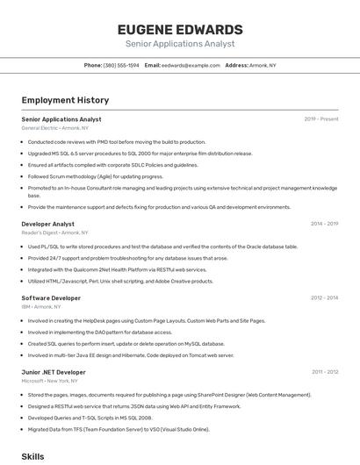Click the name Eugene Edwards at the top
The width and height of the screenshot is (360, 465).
pyautogui.click(x=180, y=29)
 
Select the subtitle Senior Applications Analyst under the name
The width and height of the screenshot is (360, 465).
pyautogui.click(x=180, y=43)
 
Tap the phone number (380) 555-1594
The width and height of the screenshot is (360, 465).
pyautogui.click(x=121, y=65)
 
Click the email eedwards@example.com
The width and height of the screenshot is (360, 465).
pyautogui.click(x=191, y=65)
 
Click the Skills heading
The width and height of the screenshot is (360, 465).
pyautogui.click(x=32, y=457)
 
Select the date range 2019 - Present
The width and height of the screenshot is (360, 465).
pyautogui.click(x=321, y=118)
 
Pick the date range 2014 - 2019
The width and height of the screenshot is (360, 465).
pyautogui.click(x=324, y=224)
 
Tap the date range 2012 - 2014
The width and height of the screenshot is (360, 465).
pyautogui.click(x=324, y=298)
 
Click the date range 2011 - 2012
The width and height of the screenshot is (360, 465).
pyautogui.click(x=324, y=372)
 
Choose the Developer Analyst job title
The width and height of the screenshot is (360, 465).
pyautogui.click(x=47, y=224)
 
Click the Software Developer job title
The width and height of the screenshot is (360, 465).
pyautogui.click(x=51, y=298)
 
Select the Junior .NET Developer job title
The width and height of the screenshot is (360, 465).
pyautogui.click(x=54, y=372)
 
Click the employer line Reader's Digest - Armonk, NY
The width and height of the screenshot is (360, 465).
pyautogui.click(x=54, y=232)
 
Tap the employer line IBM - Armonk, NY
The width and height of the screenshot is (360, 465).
pyautogui.click(x=41, y=307)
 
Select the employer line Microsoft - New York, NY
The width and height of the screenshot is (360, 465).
pyautogui.click(x=51, y=381)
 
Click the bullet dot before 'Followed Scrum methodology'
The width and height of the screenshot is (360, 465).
pyautogui.click(x=23, y=176)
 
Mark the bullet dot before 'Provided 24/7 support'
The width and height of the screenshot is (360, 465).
pyautogui.click(x=23, y=259)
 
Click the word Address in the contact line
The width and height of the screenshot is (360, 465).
pyautogui.click(x=236, y=65)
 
